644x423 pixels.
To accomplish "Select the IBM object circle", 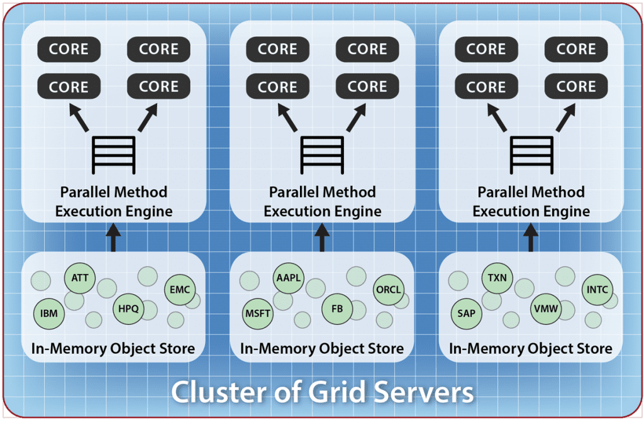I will (x=48, y=312).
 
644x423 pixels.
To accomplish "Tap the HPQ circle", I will (x=129, y=309).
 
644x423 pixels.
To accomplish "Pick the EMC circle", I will (x=180, y=290).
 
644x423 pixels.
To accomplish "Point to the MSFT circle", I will (x=257, y=312).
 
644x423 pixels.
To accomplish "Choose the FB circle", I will (x=337, y=309).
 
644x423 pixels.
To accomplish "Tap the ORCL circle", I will (x=389, y=290).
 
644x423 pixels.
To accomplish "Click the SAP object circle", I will (x=466, y=312).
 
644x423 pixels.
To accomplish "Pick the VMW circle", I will (x=545, y=309).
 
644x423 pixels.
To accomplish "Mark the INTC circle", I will (x=597, y=290).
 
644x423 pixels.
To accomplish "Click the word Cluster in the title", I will (x=218, y=393).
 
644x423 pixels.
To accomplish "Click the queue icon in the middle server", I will (x=322, y=155).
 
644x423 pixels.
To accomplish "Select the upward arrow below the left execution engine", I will (x=113, y=239).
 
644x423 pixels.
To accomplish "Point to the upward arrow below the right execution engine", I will (x=531, y=239).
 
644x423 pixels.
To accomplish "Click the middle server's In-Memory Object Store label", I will (x=322, y=348).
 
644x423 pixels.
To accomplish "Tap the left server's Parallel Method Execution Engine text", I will (x=113, y=201).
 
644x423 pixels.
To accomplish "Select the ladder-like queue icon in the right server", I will (x=531, y=155).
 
